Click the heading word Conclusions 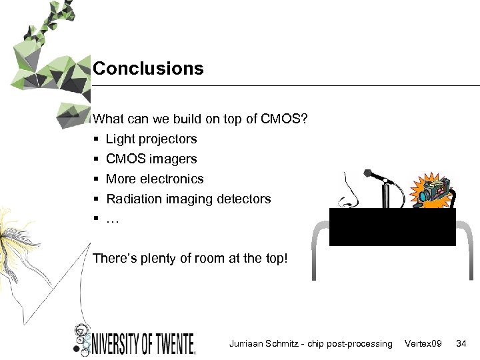[148, 69]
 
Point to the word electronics [173, 179]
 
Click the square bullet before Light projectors [97, 139]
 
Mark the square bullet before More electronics [97, 179]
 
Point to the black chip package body [392, 227]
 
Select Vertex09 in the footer [423, 343]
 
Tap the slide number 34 [461, 343]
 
